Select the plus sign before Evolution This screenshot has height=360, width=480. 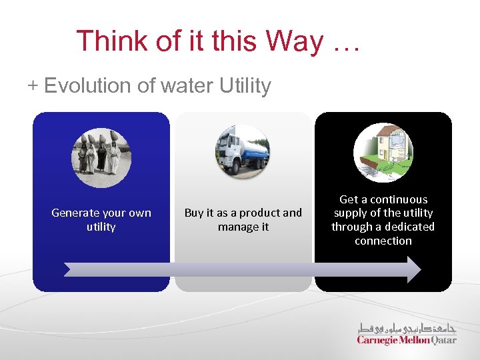[33, 86]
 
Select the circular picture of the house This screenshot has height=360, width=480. [383, 153]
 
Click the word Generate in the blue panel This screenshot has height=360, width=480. [73, 213]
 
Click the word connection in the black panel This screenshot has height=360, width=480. [383, 241]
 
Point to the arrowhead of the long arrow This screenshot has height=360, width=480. [413, 269]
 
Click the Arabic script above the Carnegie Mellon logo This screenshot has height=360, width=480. [406, 327]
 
